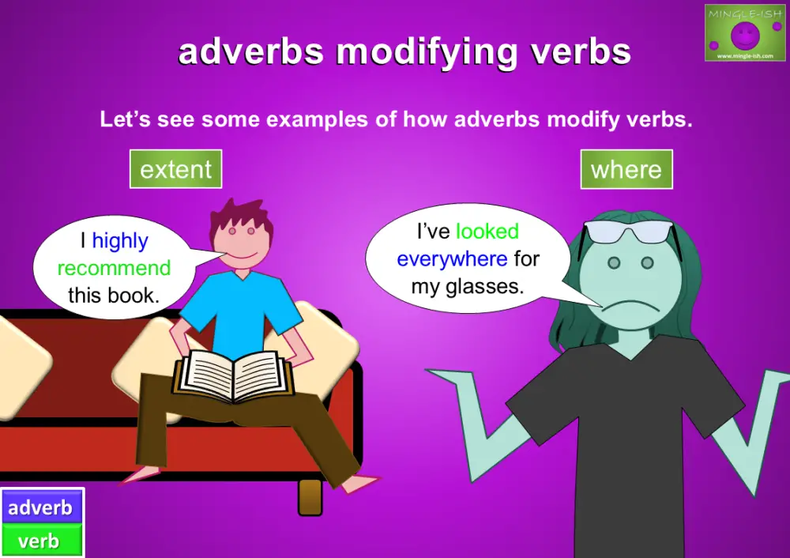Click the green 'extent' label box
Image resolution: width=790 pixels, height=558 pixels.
(175, 169)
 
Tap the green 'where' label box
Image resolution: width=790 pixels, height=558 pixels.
(626, 169)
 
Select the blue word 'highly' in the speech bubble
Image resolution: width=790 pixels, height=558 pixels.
(120, 240)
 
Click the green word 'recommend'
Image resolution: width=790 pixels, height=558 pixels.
(114, 268)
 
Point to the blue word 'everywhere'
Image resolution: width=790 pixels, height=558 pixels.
(452, 258)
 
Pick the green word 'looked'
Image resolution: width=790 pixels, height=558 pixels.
(487, 232)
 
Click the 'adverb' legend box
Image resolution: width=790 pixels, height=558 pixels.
(41, 507)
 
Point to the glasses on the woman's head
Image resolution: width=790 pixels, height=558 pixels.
(628, 232)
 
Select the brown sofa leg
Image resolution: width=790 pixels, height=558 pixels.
(310, 497)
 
